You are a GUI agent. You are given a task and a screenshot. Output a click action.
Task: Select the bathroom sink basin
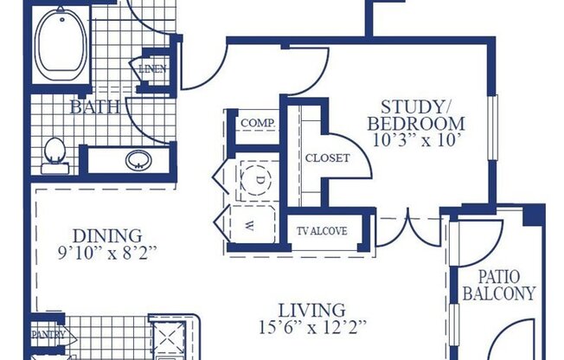[137, 160]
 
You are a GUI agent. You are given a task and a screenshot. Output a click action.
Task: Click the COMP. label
[257, 123]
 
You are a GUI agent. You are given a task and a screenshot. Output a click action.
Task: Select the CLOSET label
[327, 157]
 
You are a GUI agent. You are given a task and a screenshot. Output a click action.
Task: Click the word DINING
[108, 235]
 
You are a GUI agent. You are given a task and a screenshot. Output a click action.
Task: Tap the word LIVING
[312, 310]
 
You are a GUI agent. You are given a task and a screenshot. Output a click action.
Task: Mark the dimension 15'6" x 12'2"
[312, 328]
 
